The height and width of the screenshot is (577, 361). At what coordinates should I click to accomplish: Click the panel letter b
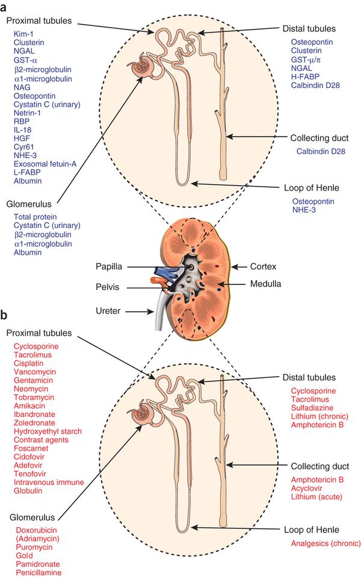pyautogui.click(x=4, y=315)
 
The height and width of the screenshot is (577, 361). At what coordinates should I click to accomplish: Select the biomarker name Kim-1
pyautogui.click(x=23, y=34)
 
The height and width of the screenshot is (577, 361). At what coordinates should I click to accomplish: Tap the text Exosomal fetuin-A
pyautogui.click(x=45, y=164)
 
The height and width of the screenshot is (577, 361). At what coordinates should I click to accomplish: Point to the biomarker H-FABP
pyautogui.click(x=306, y=76)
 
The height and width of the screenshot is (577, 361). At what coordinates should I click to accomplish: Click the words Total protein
pyautogui.click(x=35, y=217)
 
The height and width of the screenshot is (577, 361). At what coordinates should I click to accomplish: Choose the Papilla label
pyautogui.click(x=109, y=267)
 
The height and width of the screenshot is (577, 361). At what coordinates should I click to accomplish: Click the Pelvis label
pyautogui.click(x=108, y=287)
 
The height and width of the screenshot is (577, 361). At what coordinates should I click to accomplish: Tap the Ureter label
pyautogui.click(x=108, y=311)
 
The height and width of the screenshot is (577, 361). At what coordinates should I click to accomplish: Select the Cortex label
pyautogui.click(x=263, y=267)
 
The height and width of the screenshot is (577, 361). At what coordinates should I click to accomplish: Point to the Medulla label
pyautogui.click(x=266, y=284)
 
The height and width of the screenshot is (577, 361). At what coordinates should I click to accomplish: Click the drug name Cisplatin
pyautogui.click(x=29, y=363)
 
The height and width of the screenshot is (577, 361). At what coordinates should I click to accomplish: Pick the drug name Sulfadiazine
pyautogui.click(x=312, y=408)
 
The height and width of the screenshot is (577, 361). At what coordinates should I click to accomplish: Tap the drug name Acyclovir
pyautogui.click(x=306, y=489)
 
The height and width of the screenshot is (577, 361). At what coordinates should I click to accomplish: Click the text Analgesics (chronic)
pyautogui.click(x=326, y=543)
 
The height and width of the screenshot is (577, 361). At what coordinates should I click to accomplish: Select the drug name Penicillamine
pyautogui.click(x=39, y=573)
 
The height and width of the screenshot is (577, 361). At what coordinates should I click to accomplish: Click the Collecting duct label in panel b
pyautogui.click(x=319, y=466)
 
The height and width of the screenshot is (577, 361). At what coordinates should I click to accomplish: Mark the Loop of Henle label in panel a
pyautogui.click(x=311, y=188)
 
